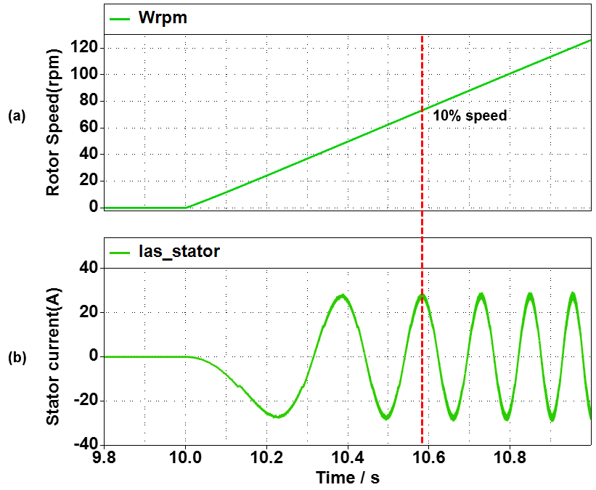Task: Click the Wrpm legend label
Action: coord(163,18)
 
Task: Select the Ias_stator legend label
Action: coord(178,252)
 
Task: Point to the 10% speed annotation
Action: coord(470,115)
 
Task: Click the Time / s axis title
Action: coord(347,478)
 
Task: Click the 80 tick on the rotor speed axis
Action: coord(89,101)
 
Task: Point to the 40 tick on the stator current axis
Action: coord(89,268)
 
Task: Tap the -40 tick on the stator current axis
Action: coord(85,444)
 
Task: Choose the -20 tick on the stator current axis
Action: coord(85,401)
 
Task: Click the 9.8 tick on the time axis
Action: coord(105,460)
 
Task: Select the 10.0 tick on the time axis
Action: coord(185,460)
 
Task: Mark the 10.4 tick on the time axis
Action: coord(348,460)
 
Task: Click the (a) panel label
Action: coord(17,115)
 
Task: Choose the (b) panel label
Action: coord(17,357)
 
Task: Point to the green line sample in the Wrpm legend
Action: coord(120,18)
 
